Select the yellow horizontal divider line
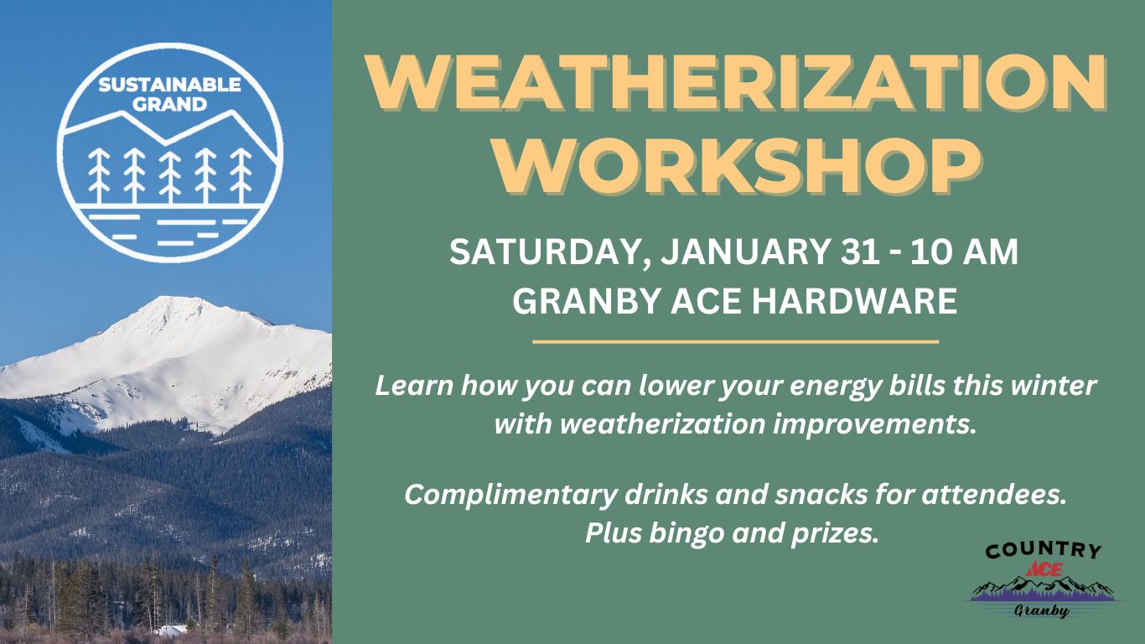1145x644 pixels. (735, 342)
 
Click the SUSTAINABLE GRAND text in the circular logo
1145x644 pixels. (169, 95)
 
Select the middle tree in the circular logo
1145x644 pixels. (170, 175)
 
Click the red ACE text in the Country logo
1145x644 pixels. (1043, 568)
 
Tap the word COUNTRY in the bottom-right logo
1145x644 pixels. (1043, 551)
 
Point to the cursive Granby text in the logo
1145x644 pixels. (1042, 610)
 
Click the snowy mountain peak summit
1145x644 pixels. (162, 302)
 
